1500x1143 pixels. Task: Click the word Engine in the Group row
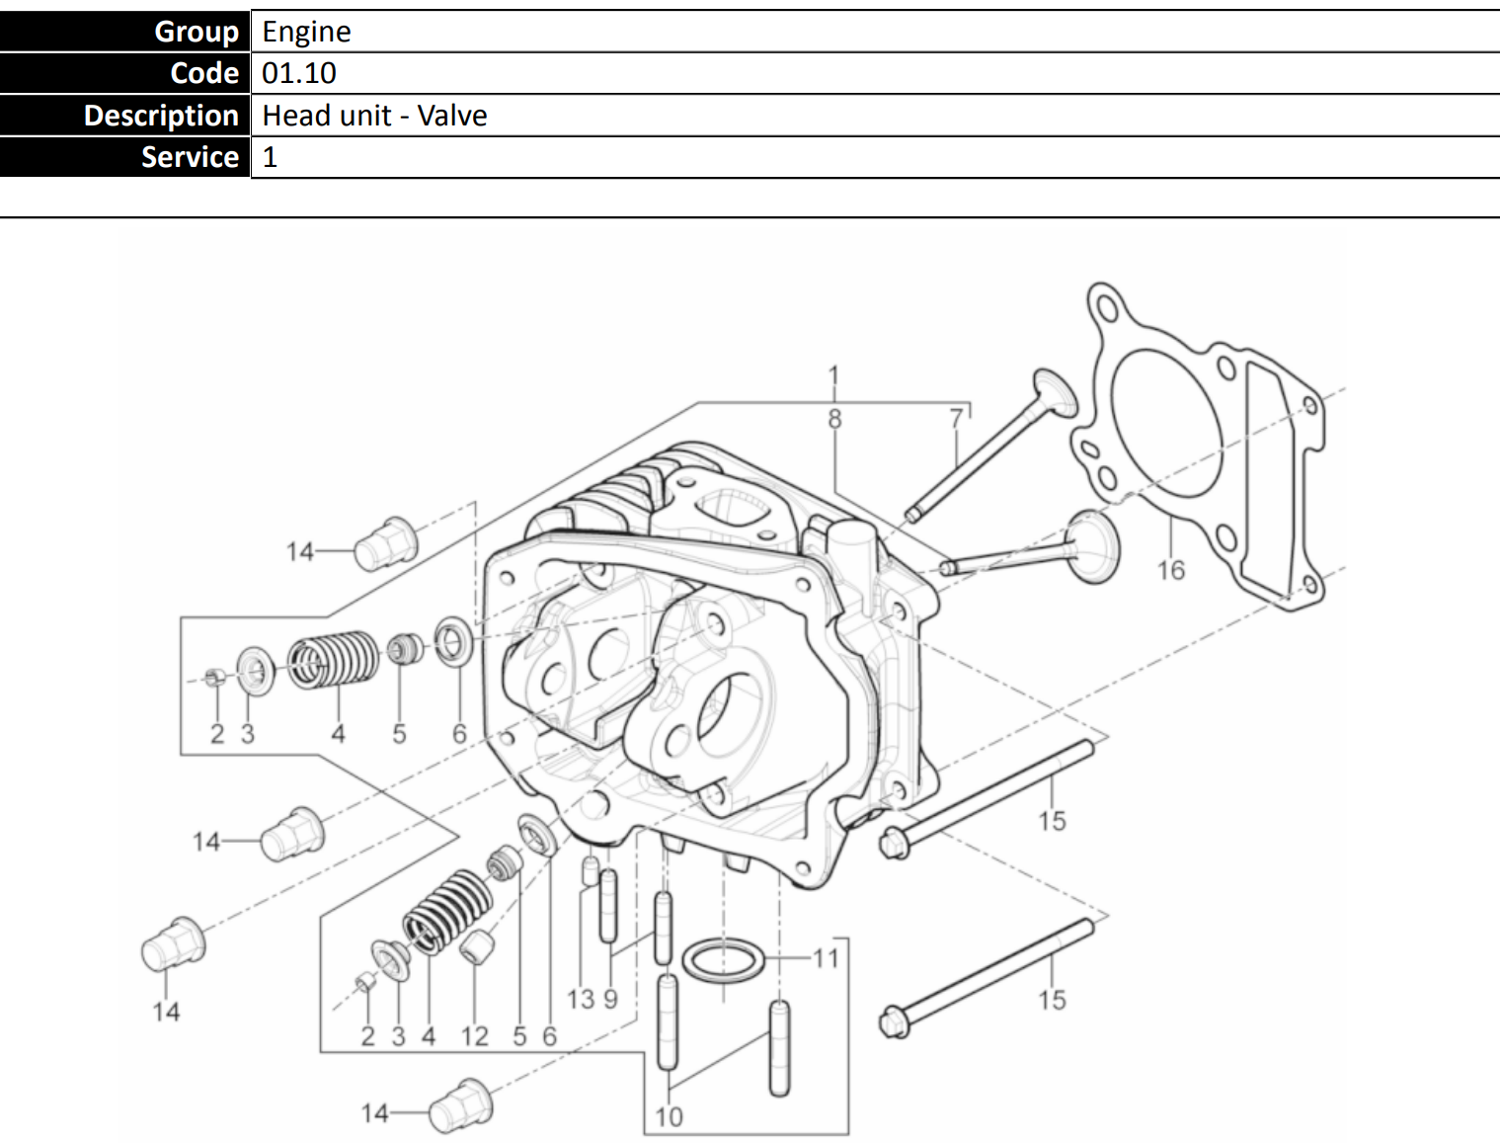pyautogui.click(x=306, y=33)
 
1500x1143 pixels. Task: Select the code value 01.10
pyautogui.click(x=298, y=73)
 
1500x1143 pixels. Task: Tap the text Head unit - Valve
pyautogui.click(x=374, y=116)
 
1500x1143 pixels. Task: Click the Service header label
pyautogui.click(x=190, y=157)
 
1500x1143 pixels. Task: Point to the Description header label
pyautogui.click(x=161, y=116)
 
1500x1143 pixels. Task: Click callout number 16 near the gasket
pyautogui.click(x=1170, y=570)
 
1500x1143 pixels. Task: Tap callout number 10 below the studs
pyautogui.click(x=669, y=1117)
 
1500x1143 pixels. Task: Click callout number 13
pyautogui.click(x=581, y=1000)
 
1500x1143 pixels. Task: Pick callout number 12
pyautogui.click(x=474, y=1036)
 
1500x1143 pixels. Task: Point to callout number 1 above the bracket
pyautogui.click(x=833, y=376)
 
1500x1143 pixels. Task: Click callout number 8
pyautogui.click(x=834, y=418)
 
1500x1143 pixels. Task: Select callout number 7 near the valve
pyautogui.click(x=956, y=418)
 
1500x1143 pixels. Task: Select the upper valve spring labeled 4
pyautogui.click(x=333, y=659)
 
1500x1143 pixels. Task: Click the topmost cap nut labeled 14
pyautogui.click(x=386, y=544)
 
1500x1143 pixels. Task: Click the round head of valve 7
pyautogui.click(x=1055, y=392)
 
